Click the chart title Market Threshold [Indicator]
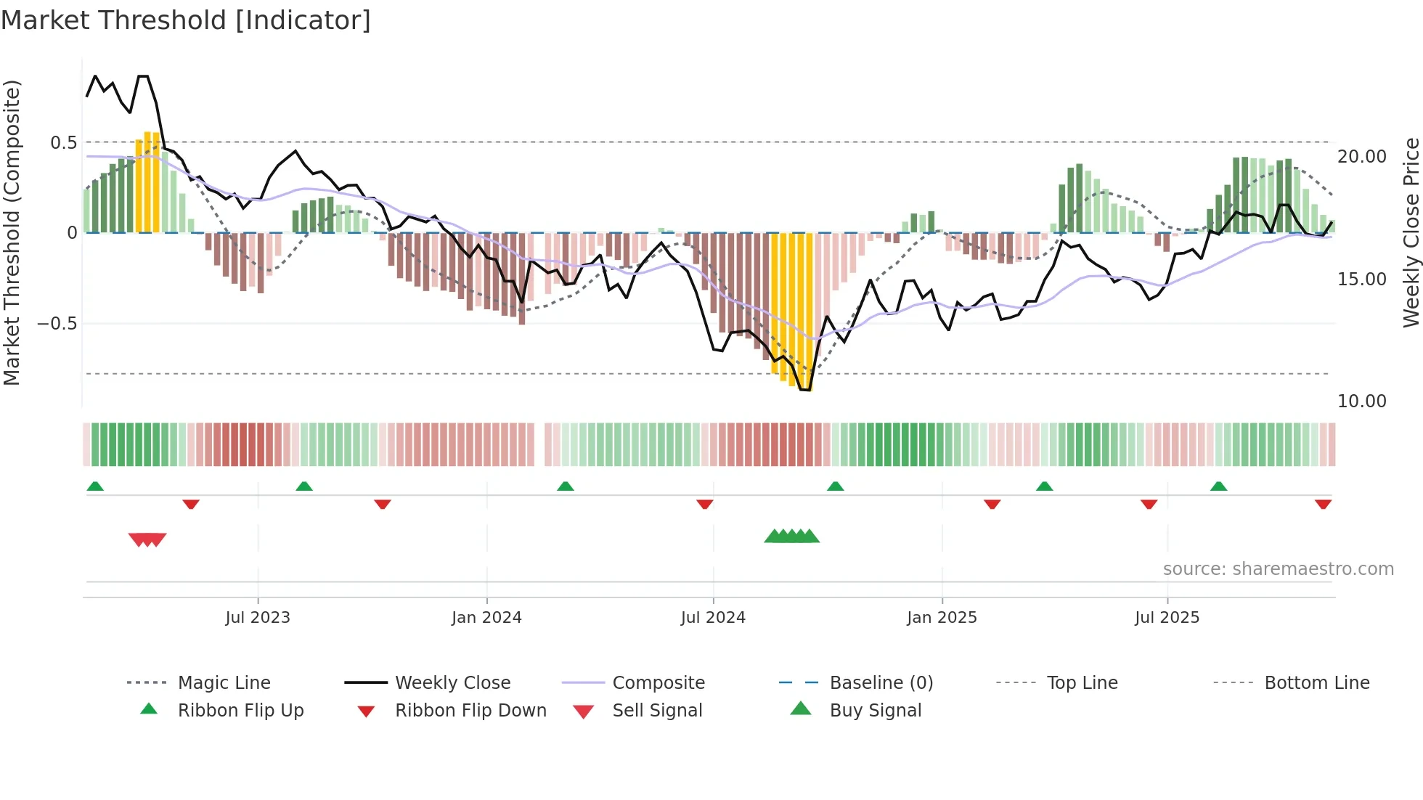tap(186, 20)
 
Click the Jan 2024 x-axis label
tap(486, 618)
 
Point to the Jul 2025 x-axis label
tap(1167, 618)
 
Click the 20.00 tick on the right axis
tap(1361, 157)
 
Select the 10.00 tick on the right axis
tap(1361, 401)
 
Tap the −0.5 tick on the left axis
tap(57, 324)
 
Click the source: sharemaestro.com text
tap(1278, 569)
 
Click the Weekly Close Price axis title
tap(1411, 232)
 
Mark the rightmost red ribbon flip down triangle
tap(1323, 504)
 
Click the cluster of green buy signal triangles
tap(791, 536)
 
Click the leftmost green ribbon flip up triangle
tap(95, 486)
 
